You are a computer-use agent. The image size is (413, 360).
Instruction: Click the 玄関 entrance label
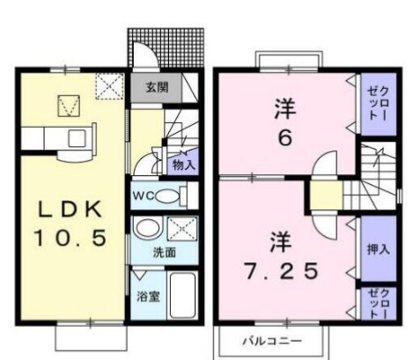157,87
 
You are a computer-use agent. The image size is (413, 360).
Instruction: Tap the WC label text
144,195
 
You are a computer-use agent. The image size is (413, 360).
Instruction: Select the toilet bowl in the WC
166,196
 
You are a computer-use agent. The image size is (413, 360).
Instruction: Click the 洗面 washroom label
165,253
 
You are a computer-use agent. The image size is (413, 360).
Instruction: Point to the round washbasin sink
148,228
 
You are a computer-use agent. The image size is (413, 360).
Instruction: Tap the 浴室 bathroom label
148,297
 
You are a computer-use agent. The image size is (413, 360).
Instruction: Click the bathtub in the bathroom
182,296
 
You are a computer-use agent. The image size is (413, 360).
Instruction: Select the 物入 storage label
184,165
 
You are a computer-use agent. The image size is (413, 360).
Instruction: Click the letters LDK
70,209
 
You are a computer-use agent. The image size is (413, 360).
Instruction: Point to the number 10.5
70,238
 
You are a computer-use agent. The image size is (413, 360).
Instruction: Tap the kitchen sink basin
77,138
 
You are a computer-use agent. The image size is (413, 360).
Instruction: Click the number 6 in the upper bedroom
285,137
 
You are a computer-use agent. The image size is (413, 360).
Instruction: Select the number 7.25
281,271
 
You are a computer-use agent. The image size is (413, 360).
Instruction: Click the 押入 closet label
379,249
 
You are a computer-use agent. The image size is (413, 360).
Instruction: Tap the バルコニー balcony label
272,341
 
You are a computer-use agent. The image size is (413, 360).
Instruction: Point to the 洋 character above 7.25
280,241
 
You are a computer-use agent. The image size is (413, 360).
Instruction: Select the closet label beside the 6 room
379,104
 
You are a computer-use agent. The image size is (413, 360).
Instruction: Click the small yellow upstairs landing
327,195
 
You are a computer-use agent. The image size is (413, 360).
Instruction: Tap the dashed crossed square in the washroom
182,229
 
